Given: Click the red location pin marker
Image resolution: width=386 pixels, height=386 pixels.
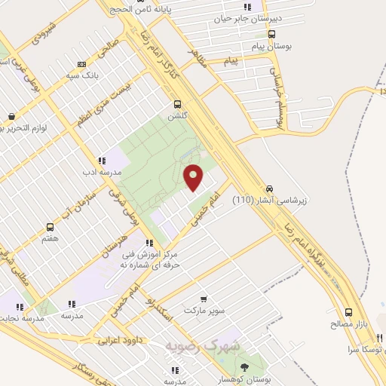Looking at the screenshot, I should point(195,177).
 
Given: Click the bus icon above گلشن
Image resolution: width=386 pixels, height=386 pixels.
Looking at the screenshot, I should point(178,105).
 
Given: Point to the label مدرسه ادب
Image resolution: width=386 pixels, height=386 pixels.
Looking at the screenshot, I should point(83,173).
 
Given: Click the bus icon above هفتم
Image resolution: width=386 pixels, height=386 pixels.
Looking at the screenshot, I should point(51,227).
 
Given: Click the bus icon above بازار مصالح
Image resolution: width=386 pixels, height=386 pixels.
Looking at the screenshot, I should point(348,312).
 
